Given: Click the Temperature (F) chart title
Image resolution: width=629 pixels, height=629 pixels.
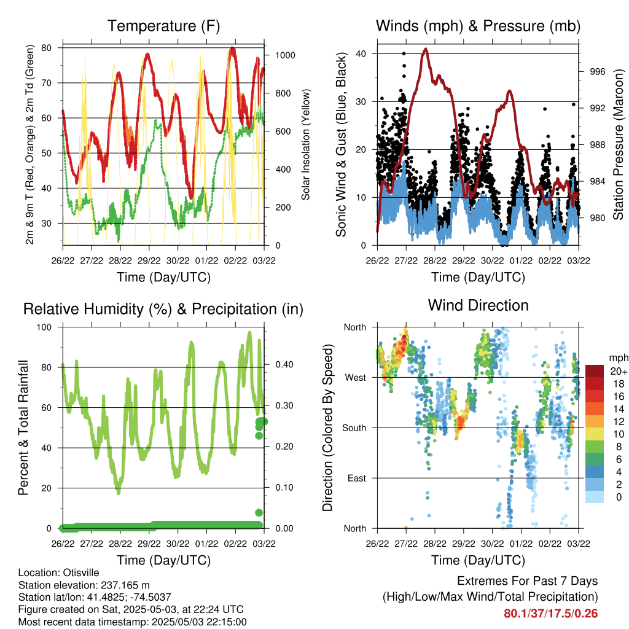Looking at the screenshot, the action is [163, 26].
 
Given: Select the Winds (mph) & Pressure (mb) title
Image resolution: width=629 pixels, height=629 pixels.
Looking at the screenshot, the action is [478, 26].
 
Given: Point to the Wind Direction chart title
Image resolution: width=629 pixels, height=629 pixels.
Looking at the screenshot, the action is [478, 305].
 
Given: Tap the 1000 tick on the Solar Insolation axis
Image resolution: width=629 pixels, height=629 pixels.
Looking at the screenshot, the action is [285, 55].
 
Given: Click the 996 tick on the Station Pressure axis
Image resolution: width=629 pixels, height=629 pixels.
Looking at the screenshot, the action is [597, 72].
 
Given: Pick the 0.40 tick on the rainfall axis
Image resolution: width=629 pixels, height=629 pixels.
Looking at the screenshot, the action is [284, 365].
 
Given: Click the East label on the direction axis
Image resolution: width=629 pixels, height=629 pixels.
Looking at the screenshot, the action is [357, 478].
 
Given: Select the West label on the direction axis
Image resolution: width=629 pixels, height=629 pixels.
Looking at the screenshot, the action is [356, 378].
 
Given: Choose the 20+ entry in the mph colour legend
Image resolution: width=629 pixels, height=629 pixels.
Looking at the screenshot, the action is [619, 372].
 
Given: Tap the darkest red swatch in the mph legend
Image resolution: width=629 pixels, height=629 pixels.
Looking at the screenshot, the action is [595, 371].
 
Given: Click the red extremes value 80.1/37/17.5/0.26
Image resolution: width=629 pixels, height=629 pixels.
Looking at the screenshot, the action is [551, 614].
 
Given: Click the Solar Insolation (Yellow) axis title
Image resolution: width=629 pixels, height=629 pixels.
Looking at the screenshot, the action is [306, 144].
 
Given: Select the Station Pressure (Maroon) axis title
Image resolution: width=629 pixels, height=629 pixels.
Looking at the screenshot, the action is [618, 144].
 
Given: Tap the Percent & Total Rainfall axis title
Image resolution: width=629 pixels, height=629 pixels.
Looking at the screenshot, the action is [23, 428].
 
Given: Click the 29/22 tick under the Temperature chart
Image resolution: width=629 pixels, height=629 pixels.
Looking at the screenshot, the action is [149, 260].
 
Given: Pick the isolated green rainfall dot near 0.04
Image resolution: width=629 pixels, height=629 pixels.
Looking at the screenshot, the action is [259, 512].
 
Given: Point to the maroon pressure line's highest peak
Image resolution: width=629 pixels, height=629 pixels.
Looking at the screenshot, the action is [426, 49].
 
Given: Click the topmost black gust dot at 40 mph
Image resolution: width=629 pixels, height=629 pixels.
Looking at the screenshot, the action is [404, 53].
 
